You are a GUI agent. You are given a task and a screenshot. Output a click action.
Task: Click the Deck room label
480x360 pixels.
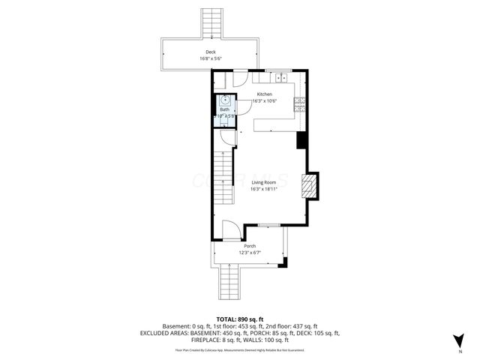pos(211,52)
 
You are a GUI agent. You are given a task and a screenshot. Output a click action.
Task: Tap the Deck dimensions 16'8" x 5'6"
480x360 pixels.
pos(211,58)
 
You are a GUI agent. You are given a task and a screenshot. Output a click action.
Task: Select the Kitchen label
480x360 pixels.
pos(265,94)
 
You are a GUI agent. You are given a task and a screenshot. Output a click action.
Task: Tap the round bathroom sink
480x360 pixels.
pos(225,100)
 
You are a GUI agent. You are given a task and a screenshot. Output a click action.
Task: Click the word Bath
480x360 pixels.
pos(225,109)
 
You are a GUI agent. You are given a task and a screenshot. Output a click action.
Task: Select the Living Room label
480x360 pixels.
pos(264,182)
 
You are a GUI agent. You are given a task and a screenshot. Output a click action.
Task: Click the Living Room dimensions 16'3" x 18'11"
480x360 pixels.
pos(264,189)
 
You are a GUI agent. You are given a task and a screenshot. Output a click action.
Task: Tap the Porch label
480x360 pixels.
pos(249,246)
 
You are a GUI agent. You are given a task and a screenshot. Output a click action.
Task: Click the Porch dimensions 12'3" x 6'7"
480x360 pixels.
pos(249,253)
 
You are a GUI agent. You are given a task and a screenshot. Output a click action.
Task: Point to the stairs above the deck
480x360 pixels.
pos(211,23)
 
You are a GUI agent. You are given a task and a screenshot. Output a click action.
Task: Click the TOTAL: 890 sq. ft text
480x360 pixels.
pos(240,319)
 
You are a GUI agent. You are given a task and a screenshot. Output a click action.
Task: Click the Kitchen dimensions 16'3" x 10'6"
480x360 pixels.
pos(265,100)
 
